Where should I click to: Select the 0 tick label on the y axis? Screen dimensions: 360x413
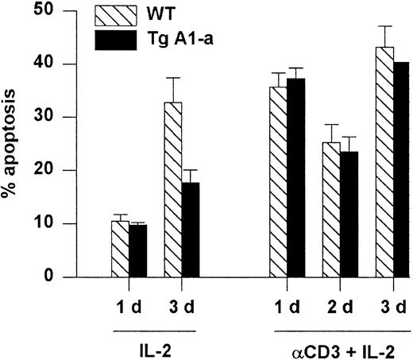coord(34,277)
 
